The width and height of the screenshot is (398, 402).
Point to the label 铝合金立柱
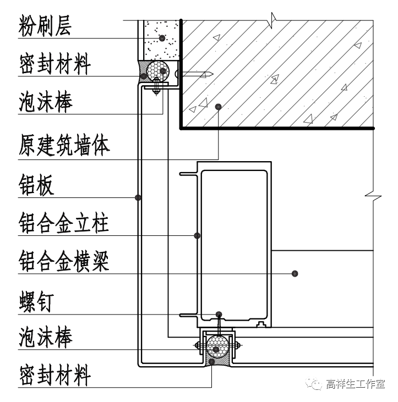tap(64, 224)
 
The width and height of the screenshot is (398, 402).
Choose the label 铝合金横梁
tap(64, 260)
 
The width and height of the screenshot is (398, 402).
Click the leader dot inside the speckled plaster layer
tap(162, 38)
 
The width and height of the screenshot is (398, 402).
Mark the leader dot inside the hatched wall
tap(219, 106)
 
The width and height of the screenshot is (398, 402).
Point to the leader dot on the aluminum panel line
tap(138, 197)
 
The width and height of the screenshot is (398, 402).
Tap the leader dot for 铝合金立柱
tap(197, 236)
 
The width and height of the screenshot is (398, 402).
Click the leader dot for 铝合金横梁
tap(295, 273)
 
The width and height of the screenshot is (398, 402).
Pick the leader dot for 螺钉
tap(219, 314)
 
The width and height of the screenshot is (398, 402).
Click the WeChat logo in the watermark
tap(315, 383)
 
